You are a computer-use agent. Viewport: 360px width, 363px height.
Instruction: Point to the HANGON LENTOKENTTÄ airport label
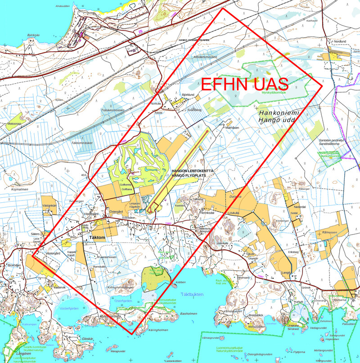pyautogui.click(x=194, y=171)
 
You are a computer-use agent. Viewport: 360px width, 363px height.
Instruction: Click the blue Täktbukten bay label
pyautogui.click(x=192, y=294)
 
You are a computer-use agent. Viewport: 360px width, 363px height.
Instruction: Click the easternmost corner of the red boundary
pyautogui.click(x=323, y=86)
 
